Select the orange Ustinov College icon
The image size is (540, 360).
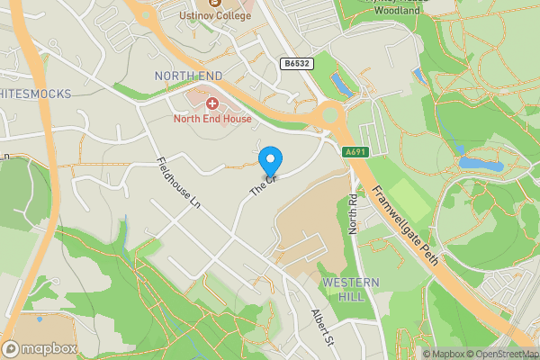coord(212,3)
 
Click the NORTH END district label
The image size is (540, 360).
coord(187,75)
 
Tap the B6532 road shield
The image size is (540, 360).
coord(295,64)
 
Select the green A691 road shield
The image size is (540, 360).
coord(355,152)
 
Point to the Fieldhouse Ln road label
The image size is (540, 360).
coord(176,185)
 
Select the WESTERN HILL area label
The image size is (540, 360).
coord(350,290)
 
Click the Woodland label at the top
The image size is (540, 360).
coord(396,12)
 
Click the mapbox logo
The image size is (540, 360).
coord(40,348)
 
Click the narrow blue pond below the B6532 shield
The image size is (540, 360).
coord(341,85)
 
